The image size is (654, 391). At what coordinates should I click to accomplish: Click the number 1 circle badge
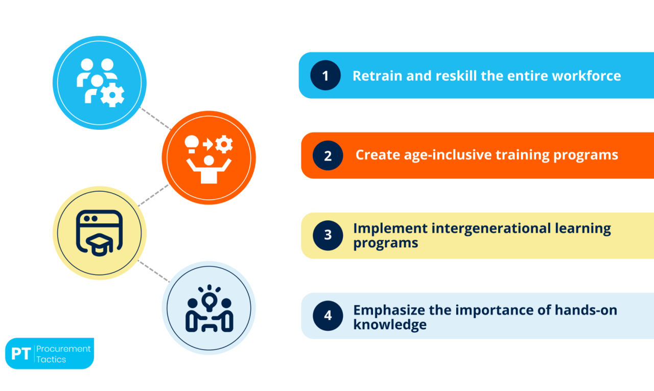[325, 76]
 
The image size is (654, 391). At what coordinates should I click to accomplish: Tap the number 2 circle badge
[328, 156]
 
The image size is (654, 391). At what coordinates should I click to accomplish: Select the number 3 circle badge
[328, 236]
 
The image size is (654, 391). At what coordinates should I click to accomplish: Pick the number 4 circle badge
[328, 316]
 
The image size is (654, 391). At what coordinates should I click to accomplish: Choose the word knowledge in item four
[390, 324]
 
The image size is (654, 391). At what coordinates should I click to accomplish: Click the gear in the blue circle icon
[112, 95]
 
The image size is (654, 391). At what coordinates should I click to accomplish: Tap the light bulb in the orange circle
[191, 143]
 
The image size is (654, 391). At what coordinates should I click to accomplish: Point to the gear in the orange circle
[224, 145]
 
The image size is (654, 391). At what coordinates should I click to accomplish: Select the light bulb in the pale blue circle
[209, 298]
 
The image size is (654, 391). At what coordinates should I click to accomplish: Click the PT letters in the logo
[20, 354]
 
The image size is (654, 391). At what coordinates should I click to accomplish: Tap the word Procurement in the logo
[63, 349]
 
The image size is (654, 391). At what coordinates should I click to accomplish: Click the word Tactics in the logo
[51, 359]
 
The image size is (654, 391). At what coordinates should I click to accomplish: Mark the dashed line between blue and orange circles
[155, 119]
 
